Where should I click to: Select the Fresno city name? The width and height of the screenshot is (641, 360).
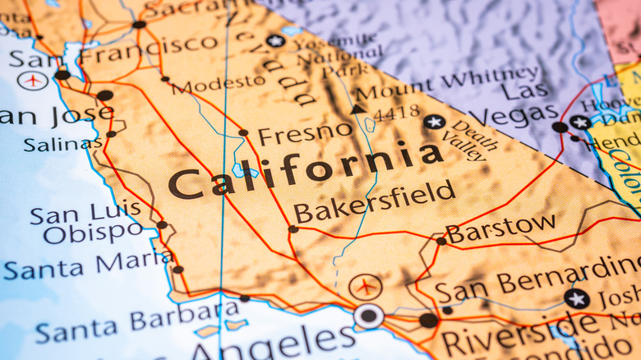[305, 132]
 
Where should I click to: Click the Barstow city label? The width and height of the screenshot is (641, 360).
[500, 228]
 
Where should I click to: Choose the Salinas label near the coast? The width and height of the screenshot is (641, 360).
[63, 145]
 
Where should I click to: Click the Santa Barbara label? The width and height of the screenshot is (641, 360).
[138, 321]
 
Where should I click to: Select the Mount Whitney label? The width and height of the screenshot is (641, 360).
[448, 85]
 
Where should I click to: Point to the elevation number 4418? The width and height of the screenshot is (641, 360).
[396, 113]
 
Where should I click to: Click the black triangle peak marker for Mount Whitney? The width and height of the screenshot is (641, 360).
[357, 108]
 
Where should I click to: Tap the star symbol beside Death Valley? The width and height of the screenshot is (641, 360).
[435, 122]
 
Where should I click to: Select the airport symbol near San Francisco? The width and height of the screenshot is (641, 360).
[32, 81]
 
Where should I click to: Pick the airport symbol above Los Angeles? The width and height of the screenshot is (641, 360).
[365, 288]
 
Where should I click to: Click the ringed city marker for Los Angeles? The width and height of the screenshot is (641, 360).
[369, 316]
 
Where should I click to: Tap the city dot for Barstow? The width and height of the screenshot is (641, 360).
[441, 241]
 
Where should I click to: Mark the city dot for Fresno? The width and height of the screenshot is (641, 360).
[243, 132]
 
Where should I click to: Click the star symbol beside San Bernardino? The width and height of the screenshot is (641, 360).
[576, 298]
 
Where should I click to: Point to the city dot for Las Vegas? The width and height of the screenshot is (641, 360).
[560, 127]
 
